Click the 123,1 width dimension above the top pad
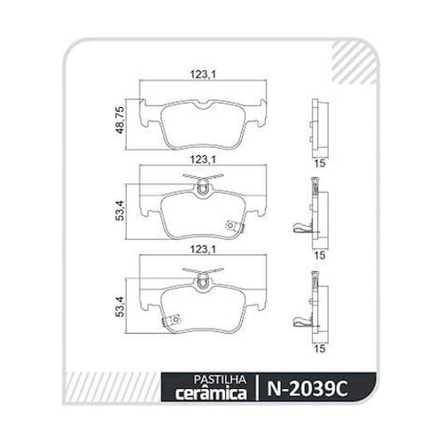[203, 74]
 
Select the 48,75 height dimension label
[120, 120]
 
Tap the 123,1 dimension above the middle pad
[203, 159]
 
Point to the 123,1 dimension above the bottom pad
[203, 250]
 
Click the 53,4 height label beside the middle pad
[120, 211]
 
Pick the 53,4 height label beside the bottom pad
[120, 307]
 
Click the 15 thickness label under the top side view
[320, 163]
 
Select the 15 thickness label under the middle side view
[320, 255]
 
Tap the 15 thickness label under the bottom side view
[320, 348]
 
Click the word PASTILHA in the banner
[220, 380]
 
